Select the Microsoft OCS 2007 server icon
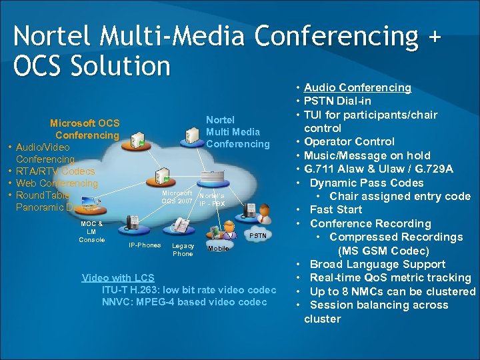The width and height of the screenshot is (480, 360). point(161,177)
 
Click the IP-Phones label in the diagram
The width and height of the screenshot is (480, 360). point(145,245)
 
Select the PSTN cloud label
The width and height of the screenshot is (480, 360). point(258,235)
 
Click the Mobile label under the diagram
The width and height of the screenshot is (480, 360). point(218,248)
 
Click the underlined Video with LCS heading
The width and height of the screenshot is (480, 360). point(117,277)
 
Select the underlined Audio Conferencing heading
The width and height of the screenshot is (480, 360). point(357,87)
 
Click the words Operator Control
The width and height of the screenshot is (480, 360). point(349,141)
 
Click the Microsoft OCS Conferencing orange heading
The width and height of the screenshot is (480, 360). point(85,129)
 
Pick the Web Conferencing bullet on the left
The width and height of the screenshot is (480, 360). point(57,183)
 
